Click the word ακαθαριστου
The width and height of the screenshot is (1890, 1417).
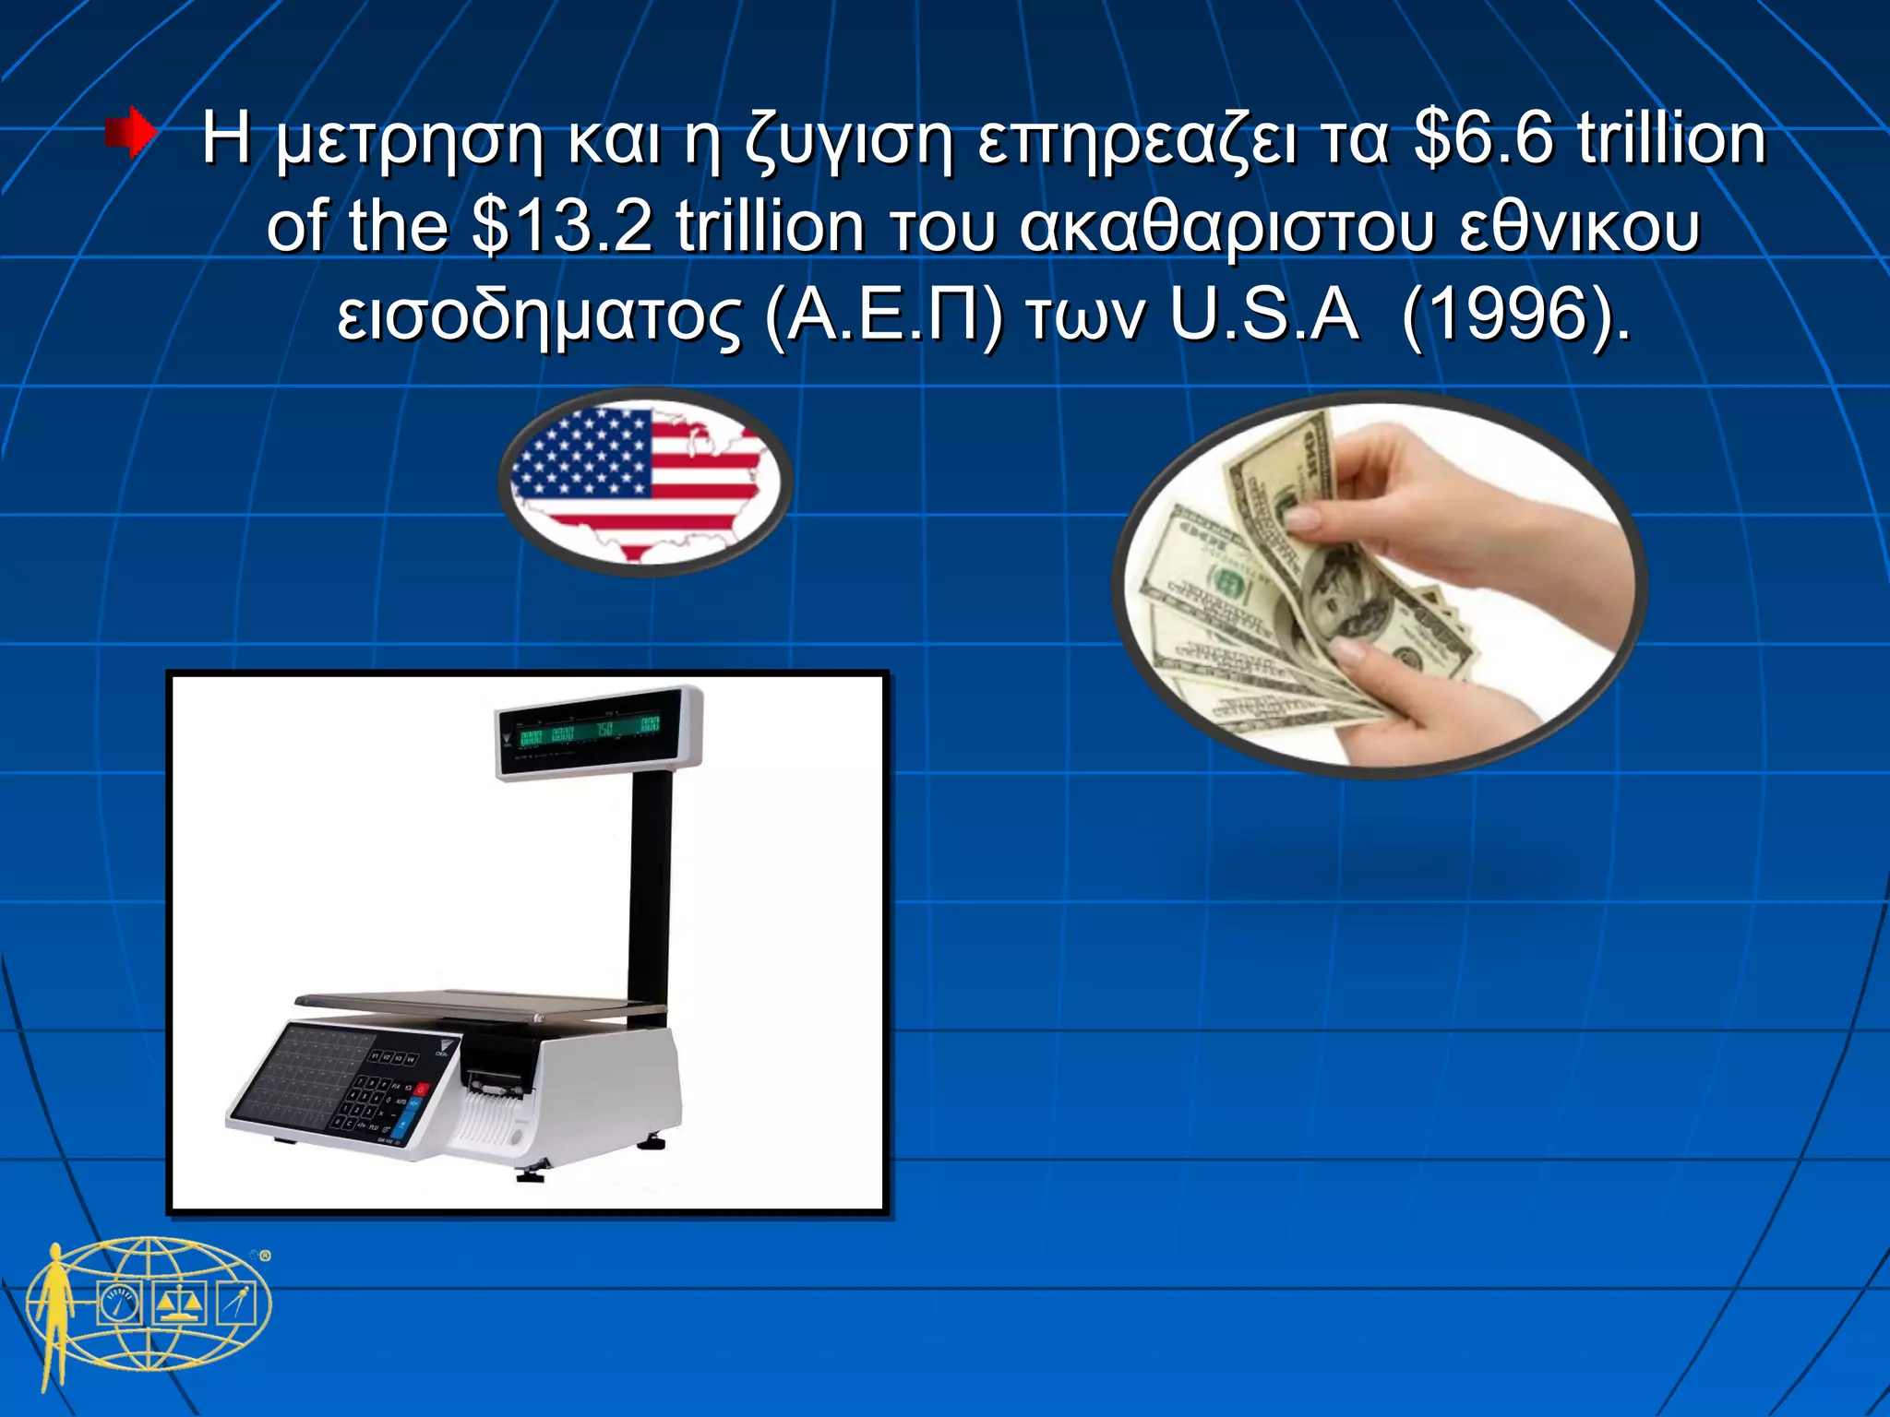(1227, 227)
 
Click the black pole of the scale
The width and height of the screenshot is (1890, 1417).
(650, 886)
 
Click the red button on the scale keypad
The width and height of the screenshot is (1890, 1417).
(422, 1090)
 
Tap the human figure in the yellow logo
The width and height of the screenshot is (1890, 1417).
(55, 1310)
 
